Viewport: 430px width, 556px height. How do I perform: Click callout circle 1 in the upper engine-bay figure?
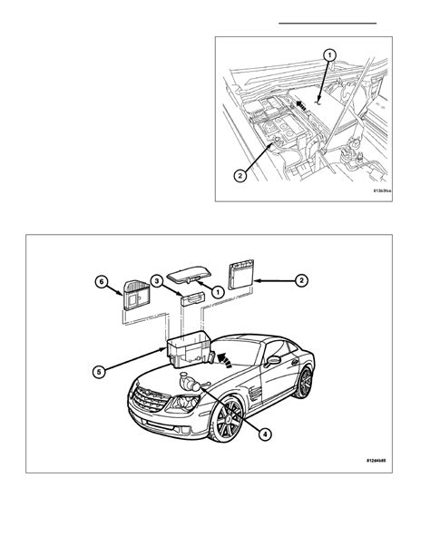pos(330,56)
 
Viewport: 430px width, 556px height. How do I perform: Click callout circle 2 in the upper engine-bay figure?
pos(239,175)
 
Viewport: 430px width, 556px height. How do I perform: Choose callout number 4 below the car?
pos(263,433)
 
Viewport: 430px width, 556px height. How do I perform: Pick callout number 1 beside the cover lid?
pos(217,291)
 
